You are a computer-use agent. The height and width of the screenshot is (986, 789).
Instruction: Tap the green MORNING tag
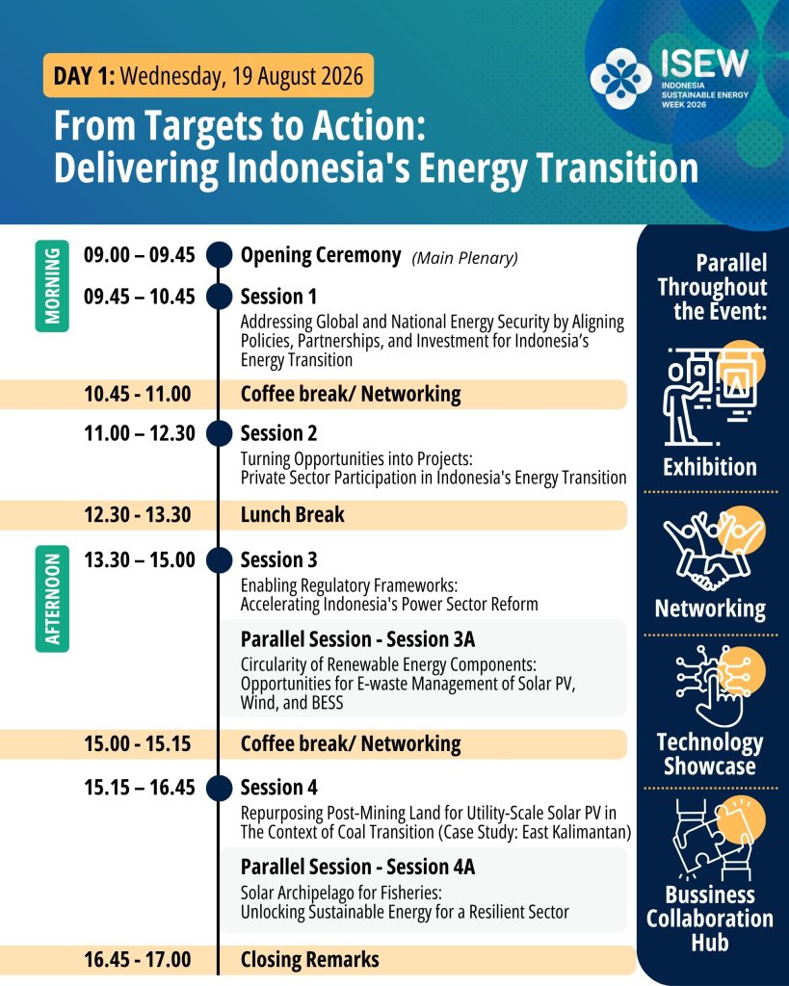click(x=52, y=286)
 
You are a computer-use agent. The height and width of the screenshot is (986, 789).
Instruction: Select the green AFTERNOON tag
click(x=52, y=599)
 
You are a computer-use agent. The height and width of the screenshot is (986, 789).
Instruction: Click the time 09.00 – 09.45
click(x=140, y=255)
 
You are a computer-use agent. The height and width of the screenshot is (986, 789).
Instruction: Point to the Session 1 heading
click(x=278, y=297)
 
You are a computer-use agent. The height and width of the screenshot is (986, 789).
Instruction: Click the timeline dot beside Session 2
click(x=219, y=433)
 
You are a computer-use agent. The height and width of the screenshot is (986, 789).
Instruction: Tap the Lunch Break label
click(x=293, y=514)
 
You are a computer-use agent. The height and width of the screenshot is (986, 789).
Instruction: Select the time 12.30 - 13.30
click(x=138, y=514)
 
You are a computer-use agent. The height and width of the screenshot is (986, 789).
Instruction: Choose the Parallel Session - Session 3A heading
click(x=357, y=639)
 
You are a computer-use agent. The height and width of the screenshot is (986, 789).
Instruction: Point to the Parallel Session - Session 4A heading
click(x=357, y=867)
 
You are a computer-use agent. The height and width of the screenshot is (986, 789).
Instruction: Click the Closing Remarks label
click(x=309, y=960)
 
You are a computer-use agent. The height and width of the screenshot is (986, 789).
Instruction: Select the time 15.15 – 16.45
click(x=140, y=788)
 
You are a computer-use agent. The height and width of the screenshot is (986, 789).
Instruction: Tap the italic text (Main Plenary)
click(x=465, y=258)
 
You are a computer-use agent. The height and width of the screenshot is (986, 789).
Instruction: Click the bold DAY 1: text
click(x=85, y=75)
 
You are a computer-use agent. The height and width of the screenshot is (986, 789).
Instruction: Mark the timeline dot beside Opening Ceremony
click(x=219, y=255)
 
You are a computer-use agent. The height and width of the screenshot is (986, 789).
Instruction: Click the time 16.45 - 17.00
click(x=138, y=960)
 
